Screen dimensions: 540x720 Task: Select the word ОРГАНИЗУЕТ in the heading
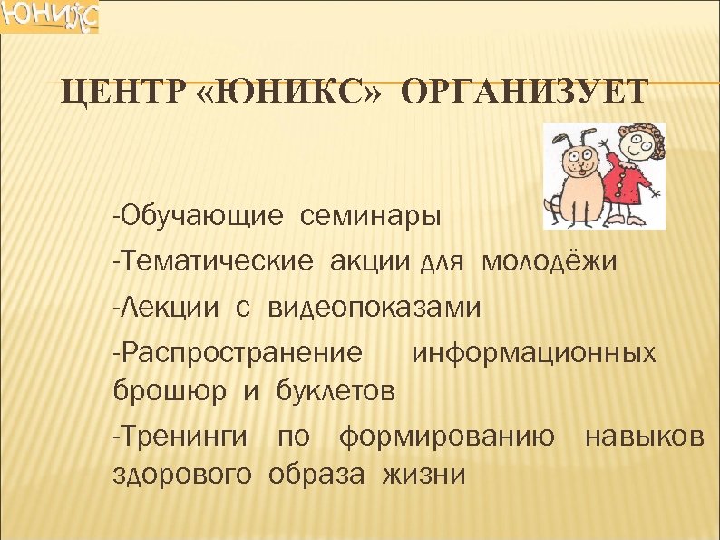[524, 93]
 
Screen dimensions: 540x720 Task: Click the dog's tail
[550, 206]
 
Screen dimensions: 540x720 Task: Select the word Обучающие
[197, 218]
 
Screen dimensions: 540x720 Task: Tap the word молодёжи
[550, 263]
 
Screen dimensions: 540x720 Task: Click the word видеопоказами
[374, 309]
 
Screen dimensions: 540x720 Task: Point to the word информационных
[534, 352]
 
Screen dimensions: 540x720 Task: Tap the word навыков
[644, 437]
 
